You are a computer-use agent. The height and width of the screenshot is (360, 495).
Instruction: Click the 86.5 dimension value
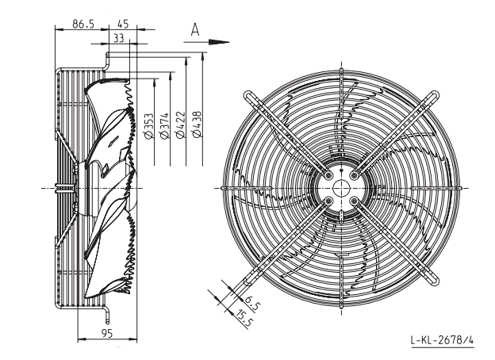tap(83, 24)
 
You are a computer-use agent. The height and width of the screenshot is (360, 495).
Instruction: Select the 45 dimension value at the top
tap(123, 24)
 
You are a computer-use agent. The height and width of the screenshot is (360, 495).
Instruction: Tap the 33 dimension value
tap(118, 38)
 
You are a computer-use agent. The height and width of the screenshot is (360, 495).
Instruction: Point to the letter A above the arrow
tap(195, 30)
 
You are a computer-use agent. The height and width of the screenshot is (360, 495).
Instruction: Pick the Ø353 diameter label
tap(148, 126)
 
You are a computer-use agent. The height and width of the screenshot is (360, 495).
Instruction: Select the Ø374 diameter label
tap(164, 126)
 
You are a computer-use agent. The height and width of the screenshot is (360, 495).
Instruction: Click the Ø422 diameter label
tap(180, 125)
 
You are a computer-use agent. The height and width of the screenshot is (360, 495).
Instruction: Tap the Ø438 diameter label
tap(196, 124)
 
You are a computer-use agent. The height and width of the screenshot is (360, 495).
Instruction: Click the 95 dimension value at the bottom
tap(107, 333)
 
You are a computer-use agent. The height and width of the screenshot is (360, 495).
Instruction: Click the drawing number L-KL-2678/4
tap(442, 340)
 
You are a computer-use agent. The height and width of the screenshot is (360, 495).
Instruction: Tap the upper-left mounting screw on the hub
tap(328, 175)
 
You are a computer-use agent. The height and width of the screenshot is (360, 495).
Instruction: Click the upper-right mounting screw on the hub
tap(355, 175)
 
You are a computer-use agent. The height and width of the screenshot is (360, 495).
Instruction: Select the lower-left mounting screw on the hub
tap(328, 201)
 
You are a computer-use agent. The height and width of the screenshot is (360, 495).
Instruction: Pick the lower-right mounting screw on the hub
tap(355, 201)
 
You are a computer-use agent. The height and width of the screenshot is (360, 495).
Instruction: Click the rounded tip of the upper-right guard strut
tap(436, 94)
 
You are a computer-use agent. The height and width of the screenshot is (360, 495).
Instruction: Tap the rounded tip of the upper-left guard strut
tap(247, 94)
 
